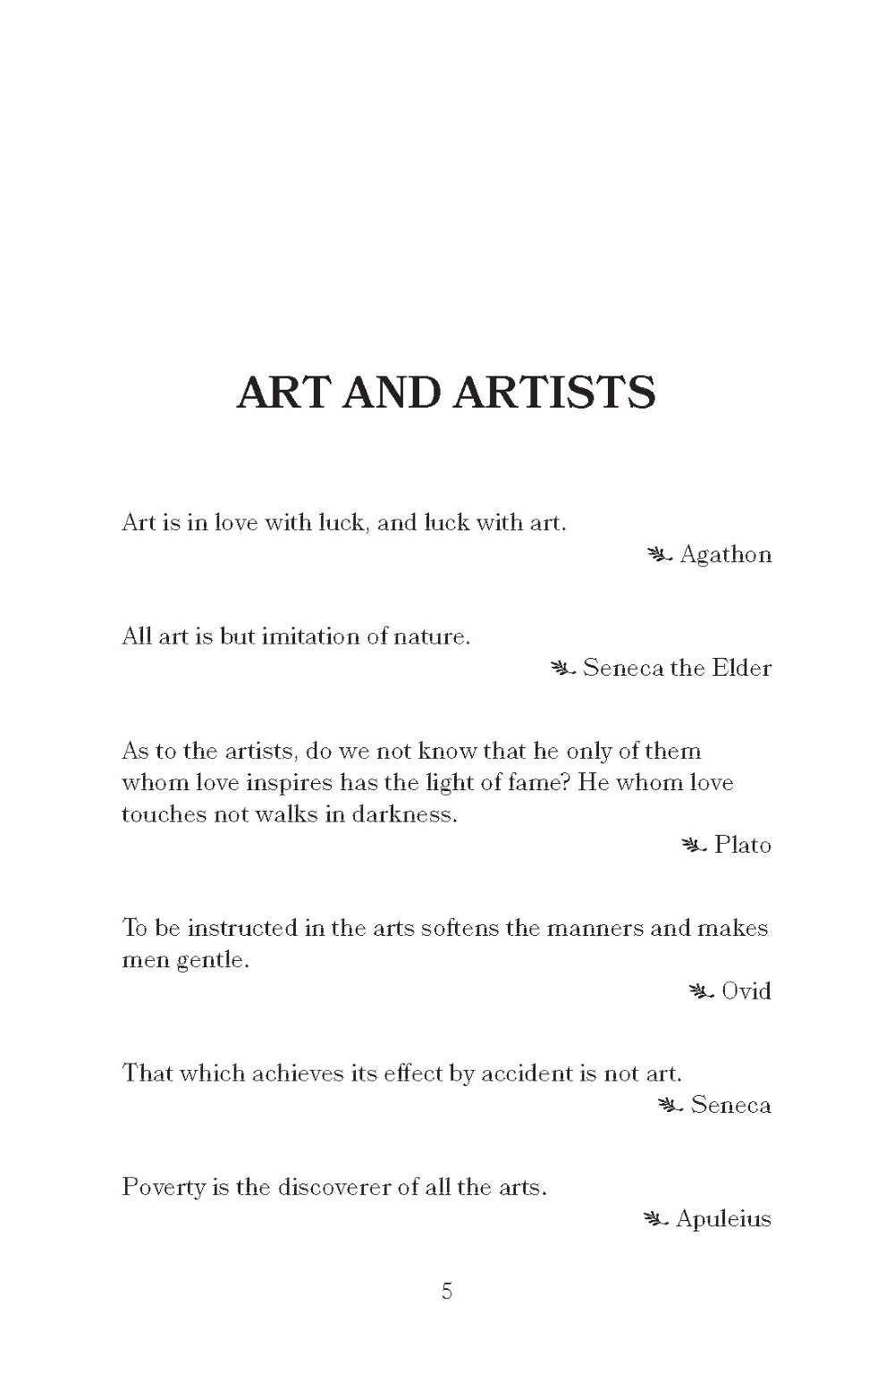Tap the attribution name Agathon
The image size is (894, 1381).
pos(725,555)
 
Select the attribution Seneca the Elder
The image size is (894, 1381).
pos(677,669)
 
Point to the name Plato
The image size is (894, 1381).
pos(742,846)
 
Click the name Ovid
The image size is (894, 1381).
pos(746,991)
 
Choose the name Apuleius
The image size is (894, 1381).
pos(723,1219)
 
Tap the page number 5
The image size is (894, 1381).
pos(447,1291)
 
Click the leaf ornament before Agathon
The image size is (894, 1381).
pos(659,556)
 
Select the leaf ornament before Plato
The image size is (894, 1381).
pos(694,846)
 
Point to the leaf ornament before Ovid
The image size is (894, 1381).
pos(701,991)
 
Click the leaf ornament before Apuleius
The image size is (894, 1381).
pos(655,1219)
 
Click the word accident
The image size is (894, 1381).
pos(527,1074)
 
